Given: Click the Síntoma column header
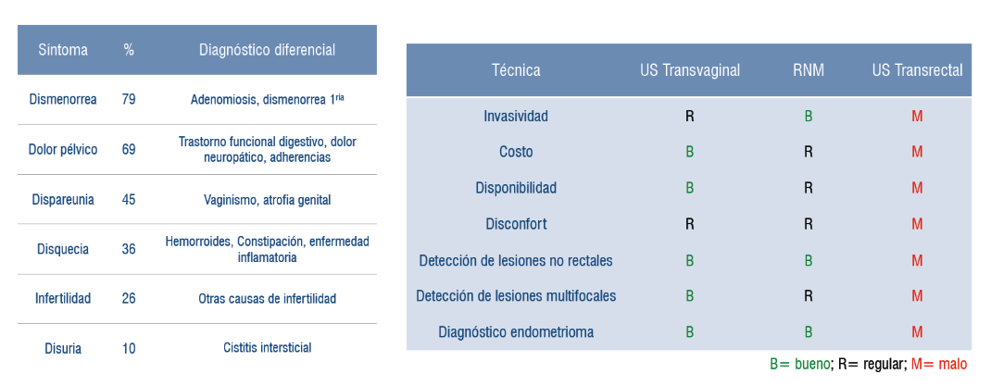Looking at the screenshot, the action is (x=63, y=50).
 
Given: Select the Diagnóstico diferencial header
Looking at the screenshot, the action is (x=268, y=50).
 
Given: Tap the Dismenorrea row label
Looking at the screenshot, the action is (x=63, y=100).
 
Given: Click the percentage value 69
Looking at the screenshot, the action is (x=129, y=150).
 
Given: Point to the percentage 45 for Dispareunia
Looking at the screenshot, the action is (x=129, y=200).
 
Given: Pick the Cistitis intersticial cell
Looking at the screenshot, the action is (x=268, y=347).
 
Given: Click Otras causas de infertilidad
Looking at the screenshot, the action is (x=268, y=298).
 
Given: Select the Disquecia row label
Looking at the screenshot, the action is (x=63, y=249).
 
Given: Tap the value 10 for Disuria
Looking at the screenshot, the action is (x=129, y=348).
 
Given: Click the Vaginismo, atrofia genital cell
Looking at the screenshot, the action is (x=268, y=200).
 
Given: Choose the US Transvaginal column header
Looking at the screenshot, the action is (x=689, y=70).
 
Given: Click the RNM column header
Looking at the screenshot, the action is (x=809, y=70).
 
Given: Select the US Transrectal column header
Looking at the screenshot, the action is (x=918, y=70).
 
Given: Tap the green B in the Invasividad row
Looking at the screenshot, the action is (x=809, y=117).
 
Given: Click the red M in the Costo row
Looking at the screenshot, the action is (x=917, y=152).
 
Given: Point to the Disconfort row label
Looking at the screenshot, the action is (x=517, y=224).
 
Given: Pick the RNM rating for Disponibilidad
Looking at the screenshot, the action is (x=809, y=188).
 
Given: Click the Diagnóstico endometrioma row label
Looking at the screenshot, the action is (x=517, y=331).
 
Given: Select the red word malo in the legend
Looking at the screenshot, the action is (x=952, y=365).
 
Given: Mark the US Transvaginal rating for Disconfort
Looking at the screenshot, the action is (x=689, y=224).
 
